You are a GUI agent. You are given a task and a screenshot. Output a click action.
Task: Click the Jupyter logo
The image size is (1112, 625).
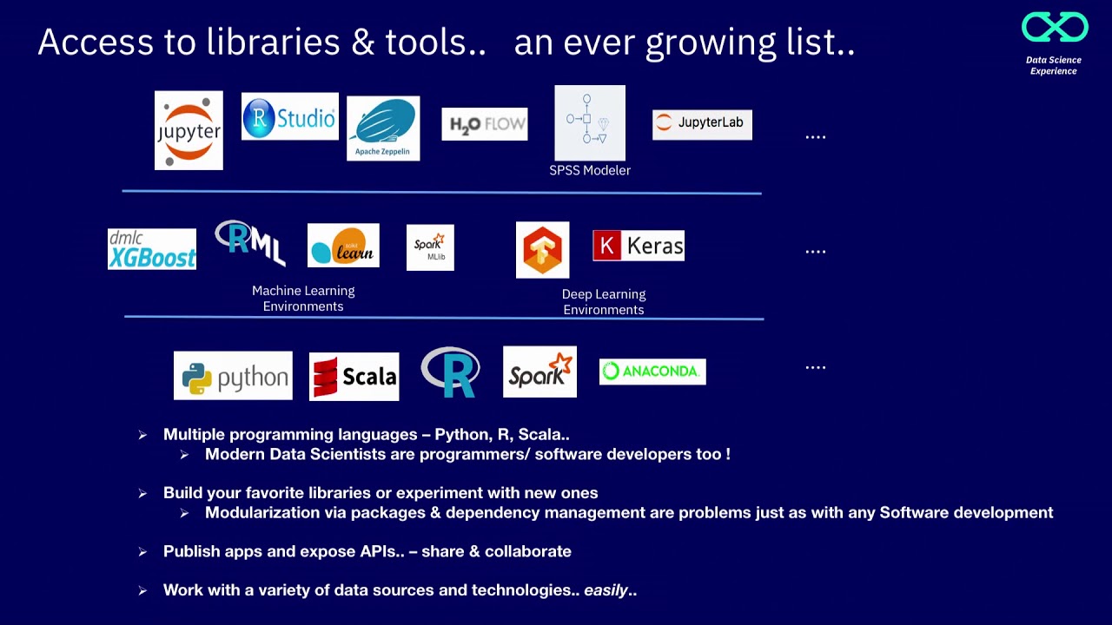pos(189,130)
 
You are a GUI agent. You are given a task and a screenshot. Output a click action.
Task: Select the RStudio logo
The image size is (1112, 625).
pos(289,116)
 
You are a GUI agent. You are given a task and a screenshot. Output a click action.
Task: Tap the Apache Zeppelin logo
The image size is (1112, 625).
pos(383,128)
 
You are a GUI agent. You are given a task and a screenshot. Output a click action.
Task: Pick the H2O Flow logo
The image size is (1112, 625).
pos(484,124)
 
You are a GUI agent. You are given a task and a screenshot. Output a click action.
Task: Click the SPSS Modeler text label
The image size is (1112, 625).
pos(590,170)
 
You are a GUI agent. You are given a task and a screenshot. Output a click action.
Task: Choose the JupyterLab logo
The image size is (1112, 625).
pos(702,123)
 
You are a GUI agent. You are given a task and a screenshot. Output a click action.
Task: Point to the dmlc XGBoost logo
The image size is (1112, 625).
pos(152,249)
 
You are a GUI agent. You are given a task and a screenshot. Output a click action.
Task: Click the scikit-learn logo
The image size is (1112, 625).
pos(343,246)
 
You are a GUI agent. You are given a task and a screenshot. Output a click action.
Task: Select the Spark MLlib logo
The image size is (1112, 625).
pos(430,247)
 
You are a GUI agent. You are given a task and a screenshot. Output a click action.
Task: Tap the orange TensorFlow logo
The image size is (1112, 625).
pos(542,250)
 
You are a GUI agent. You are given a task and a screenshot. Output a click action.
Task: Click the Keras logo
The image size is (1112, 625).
pos(639,247)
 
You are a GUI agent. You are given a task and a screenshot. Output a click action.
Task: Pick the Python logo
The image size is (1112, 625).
pos(233,376)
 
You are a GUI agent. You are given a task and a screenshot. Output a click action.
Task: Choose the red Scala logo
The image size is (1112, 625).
pos(354,377)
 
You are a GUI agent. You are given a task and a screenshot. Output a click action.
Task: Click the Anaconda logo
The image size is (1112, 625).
pos(652,372)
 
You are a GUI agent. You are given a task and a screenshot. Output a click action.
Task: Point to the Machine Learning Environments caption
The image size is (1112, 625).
pos(303,299)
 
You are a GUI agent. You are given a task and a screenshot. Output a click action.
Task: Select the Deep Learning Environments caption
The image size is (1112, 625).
pos(604,302)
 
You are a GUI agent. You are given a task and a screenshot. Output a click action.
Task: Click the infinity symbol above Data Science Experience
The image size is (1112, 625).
pos(1055,28)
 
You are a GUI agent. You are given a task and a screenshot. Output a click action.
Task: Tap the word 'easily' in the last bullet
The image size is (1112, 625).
pos(606,590)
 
